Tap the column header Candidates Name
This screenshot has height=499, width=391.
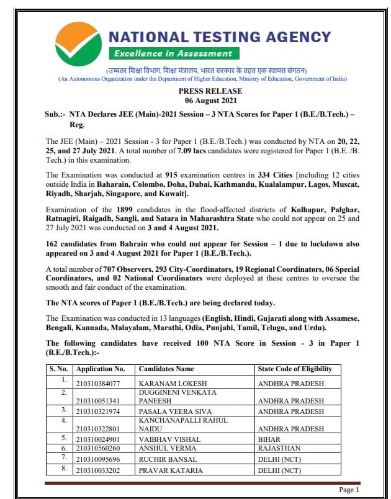tap(166, 369)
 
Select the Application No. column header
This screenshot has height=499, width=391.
tap(100, 369)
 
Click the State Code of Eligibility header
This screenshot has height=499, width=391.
tap(295, 369)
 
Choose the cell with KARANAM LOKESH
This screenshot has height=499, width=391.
tap(167, 384)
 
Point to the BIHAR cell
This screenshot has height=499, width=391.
tap(270, 438)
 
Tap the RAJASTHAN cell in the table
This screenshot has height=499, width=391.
tap(279, 448)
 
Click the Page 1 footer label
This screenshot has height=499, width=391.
tap(349, 490)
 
